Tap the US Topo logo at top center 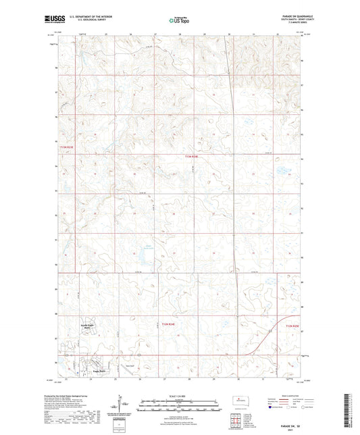tap(179, 21)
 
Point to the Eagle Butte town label tap(92, 372)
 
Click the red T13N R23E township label tap(65, 147)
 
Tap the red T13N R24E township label tap(192, 156)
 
